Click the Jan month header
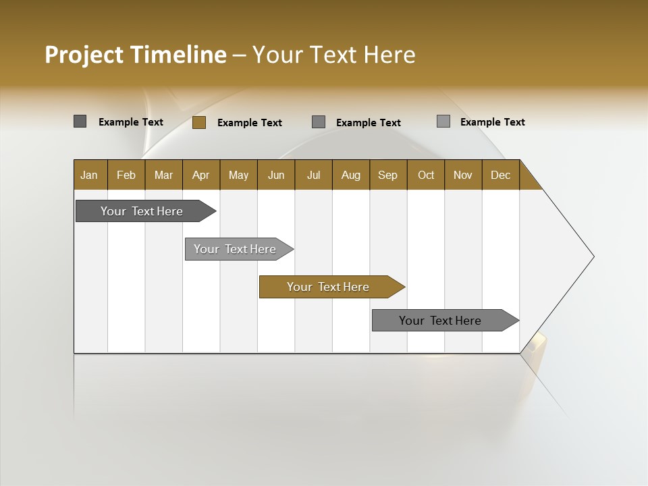click(90, 175)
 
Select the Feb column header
click(126, 175)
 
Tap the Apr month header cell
click(201, 175)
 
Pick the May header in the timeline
click(238, 175)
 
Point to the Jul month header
click(313, 175)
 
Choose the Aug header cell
click(351, 175)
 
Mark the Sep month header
click(388, 175)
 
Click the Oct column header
click(426, 175)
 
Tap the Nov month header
click(463, 175)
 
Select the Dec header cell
click(501, 175)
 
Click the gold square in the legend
click(199, 122)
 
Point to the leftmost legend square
click(80, 122)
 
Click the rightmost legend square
click(443, 122)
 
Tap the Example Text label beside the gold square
click(249, 123)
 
